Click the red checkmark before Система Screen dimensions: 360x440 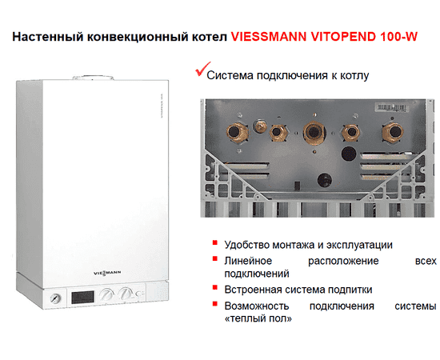pyautogui.click(x=200, y=73)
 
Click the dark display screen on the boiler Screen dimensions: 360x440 pyautogui.click(x=82, y=295)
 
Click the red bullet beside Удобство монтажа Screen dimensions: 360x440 pyautogui.click(x=215, y=242)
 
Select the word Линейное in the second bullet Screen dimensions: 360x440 pyautogui.click(x=248, y=261)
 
